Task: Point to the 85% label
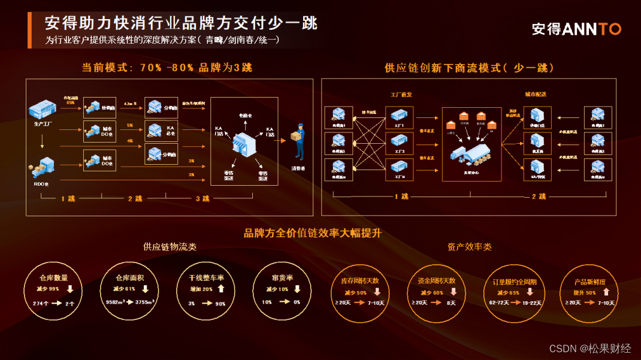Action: (71, 102)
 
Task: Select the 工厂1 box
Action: (400, 117)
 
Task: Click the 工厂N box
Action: (400, 170)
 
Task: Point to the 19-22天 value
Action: (530, 303)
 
